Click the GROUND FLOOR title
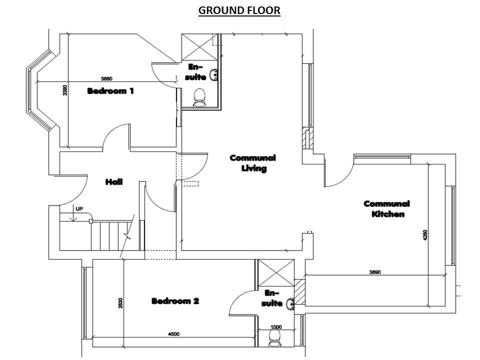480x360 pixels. pos(239,10)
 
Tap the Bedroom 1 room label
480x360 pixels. pos(110,91)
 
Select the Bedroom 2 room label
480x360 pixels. pos(175,301)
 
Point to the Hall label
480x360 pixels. pos(114,182)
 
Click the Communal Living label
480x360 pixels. pos(253,163)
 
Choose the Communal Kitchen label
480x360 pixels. pos(387,209)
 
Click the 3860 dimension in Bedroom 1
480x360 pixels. pos(106,78)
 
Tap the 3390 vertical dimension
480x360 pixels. pos(65,90)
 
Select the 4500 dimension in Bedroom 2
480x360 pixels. pos(174,334)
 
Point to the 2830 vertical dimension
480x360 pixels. pos(120,303)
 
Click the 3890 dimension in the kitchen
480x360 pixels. pos(375,272)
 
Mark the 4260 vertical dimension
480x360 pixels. pos(425,235)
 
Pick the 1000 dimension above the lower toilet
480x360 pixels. pos(276,327)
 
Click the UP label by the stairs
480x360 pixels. pos(79,209)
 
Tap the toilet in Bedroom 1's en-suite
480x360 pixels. pos(199,97)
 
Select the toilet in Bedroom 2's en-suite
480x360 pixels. pos(275,339)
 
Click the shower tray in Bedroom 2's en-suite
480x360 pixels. pos(276,273)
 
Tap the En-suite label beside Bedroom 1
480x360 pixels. pos(195,72)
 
